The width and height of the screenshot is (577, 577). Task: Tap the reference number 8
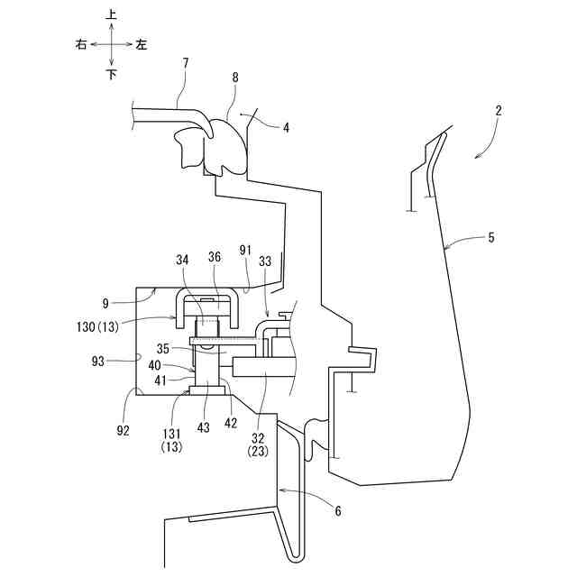pyautogui.click(x=235, y=78)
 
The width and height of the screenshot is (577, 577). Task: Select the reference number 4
pyautogui.click(x=286, y=128)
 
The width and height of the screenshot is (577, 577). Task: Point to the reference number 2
pyautogui.click(x=499, y=112)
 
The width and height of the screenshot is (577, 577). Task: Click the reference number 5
pyautogui.click(x=491, y=238)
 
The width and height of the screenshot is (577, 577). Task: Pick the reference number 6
pyautogui.click(x=337, y=511)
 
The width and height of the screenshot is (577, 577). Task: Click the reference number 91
pyautogui.click(x=245, y=250)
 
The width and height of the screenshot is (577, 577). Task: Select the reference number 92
pyautogui.click(x=123, y=430)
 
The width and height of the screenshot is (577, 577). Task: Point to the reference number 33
pyautogui.click(x=265, y=261)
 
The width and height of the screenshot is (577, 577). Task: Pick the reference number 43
pyautogui.click(x=203, y=427)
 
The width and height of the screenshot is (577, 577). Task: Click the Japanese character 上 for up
pyautogui.click(x=111, y=15)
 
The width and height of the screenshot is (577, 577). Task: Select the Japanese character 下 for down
pyautogui.click(x=111, y=75)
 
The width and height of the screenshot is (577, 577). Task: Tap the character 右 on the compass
pyautogui.click(x=82, y=44)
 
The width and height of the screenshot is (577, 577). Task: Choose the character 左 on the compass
pyautogui.click(x=142, y=44)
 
